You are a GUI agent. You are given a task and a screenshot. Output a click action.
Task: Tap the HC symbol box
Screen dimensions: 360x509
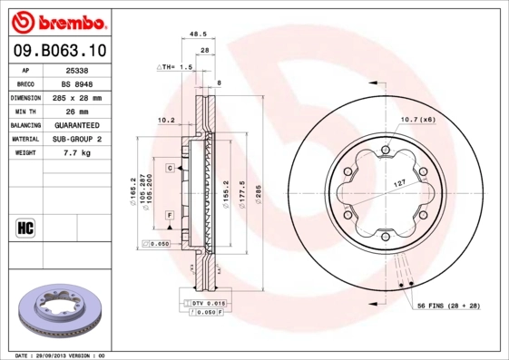point(24,227)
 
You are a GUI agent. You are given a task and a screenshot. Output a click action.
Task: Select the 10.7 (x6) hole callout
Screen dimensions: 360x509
point(417,120)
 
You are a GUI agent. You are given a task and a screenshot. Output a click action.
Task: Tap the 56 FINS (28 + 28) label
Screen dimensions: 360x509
point(448,306)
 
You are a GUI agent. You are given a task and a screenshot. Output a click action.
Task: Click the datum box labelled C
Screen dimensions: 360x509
point(170,168)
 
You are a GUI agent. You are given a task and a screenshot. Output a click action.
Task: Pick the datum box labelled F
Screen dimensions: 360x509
point(170,214)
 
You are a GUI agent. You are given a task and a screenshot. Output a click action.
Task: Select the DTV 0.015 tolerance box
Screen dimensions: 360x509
point(207,302)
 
